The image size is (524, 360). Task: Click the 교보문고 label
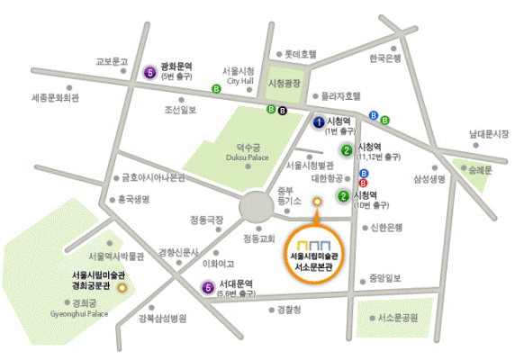[112, 62]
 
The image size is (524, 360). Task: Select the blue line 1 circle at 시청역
[319, 121]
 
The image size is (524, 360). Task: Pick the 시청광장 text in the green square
[287, 84]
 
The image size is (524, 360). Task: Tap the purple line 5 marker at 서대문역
[209, 289]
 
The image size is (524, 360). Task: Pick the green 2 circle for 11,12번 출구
[346, 150]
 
